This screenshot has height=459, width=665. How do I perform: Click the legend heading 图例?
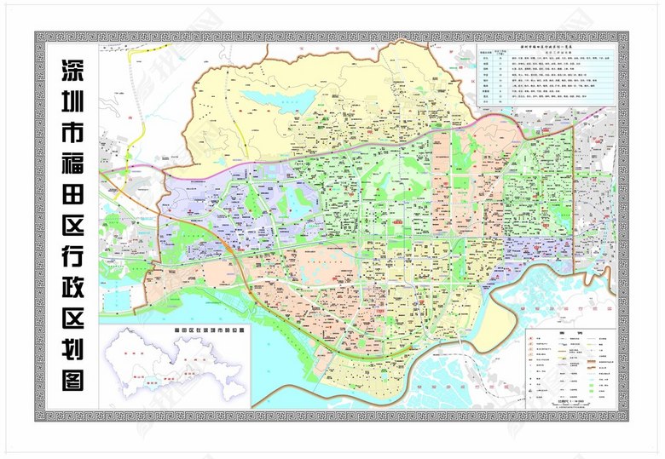tap(570, 333)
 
